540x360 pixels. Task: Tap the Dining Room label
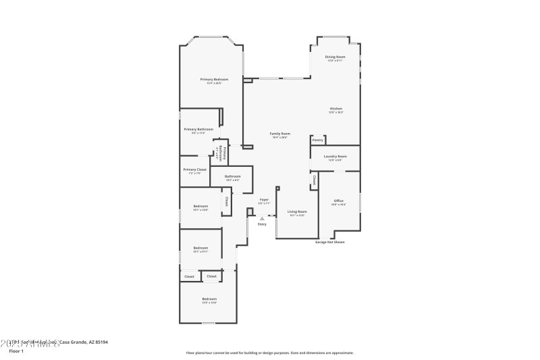pos(335,57)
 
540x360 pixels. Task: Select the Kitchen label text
pos(335,109)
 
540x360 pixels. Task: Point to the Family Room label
pos(280,134)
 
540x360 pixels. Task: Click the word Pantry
pos(317,140)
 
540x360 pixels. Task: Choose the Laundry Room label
pos(335,156)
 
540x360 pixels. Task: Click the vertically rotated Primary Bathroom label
pos(221,153)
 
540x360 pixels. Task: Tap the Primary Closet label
pos(194,170)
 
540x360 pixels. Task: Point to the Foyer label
pos(264,199)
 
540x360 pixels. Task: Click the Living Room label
pos(297,211)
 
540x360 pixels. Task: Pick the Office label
pos(338,201)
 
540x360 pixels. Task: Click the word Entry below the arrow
pos(262,224)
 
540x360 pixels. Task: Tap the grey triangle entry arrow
pos(262,217)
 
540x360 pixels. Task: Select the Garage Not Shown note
pos(329,242)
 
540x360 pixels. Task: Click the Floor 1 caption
pos(16,351)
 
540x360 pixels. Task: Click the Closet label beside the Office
pos(314,181)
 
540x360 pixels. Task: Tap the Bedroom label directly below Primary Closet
pos(200,206)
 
